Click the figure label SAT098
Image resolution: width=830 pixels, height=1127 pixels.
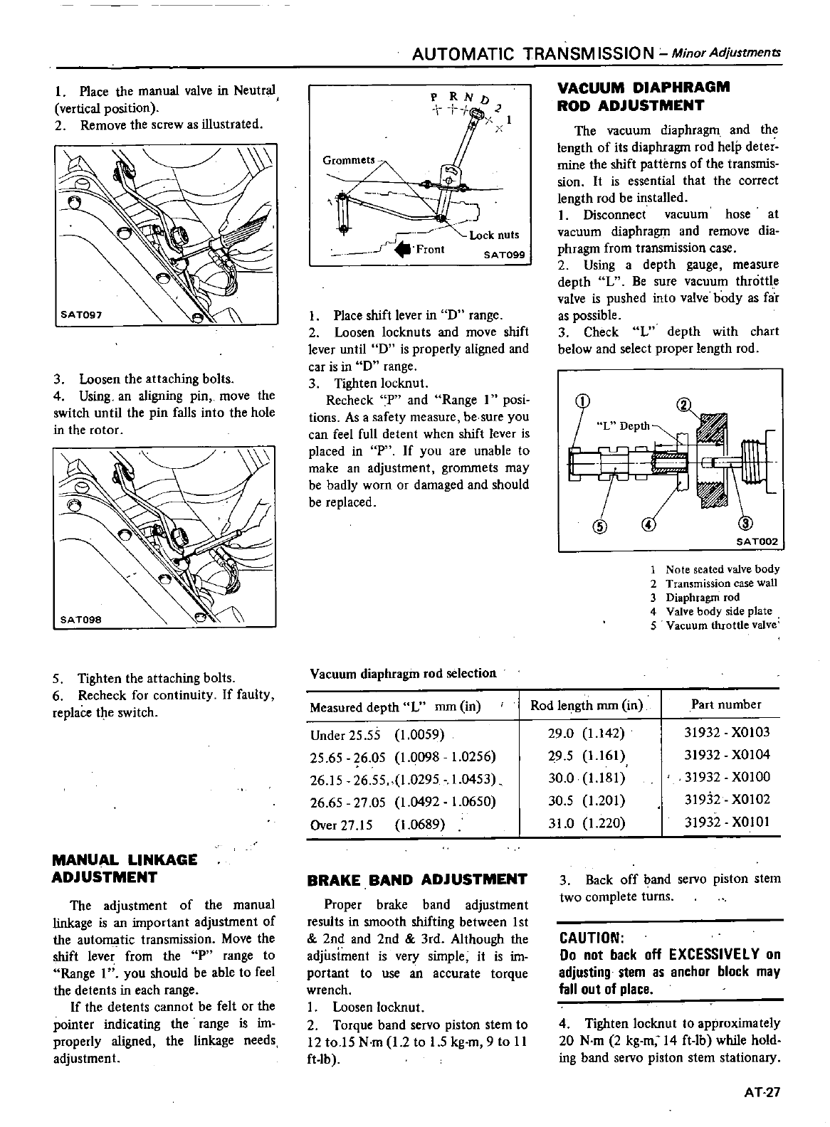pyautogui.click(x=81, y=620)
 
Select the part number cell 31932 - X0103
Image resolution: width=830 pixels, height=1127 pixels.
pyautogui.click(x=726, y=732)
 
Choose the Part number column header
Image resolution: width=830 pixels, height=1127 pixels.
pyautogui.click(x=726, y=704)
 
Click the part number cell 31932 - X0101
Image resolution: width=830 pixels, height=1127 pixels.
pyautogui.click(x=726, y=822)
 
